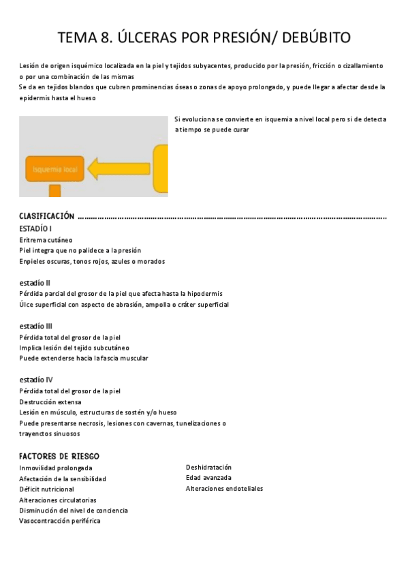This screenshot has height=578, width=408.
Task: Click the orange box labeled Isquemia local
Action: (x=55, y=169)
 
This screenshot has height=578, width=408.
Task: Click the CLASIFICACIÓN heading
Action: (x=46, y=216)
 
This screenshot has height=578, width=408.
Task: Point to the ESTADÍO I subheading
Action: (x=35, y=228)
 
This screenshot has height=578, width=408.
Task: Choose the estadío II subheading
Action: (x=35, y=282)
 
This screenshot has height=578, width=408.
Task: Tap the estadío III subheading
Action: (x=35, y=326)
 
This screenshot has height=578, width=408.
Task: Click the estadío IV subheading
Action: (x=36, y=380)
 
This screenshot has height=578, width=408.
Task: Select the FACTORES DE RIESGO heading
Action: (x=59, y=456)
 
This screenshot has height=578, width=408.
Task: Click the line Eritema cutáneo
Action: (x=46, y=240)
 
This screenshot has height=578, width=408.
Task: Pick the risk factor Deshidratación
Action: (x=208, y=468)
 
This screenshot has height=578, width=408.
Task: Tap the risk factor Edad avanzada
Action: (x=208, y=478)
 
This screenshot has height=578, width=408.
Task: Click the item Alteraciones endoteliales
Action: (x=224, y=489)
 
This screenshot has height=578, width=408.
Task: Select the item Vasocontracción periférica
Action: (x=60, y=521)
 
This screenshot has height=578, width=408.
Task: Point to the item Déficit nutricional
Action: (x=47, y=489)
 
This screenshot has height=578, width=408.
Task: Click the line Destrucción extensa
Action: (x=50, y=402)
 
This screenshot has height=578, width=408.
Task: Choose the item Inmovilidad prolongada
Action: (x=56, y=468)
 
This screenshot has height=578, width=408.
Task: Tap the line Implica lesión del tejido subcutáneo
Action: (x=74, y=348)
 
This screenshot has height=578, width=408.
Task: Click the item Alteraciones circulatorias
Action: (x=58, y=500)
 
